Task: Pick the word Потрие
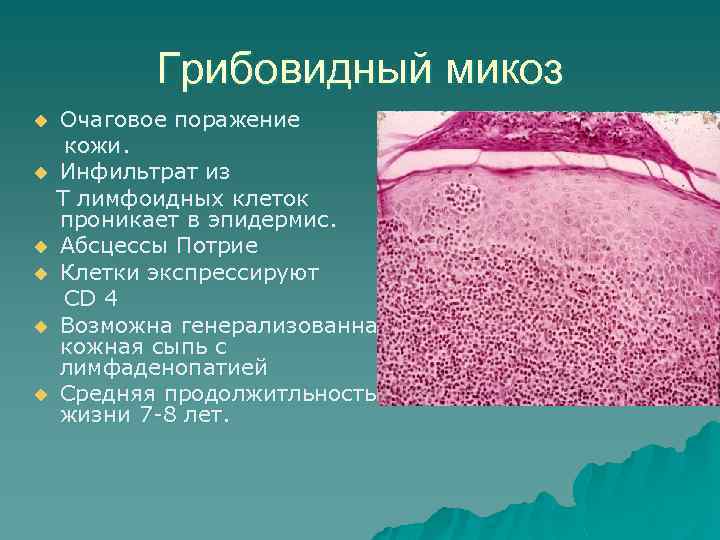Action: coord(222,245)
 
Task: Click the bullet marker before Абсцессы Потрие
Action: coord(41,246)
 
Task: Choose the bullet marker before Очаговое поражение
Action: coord(41,121)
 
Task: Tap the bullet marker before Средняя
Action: coord(41,394)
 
